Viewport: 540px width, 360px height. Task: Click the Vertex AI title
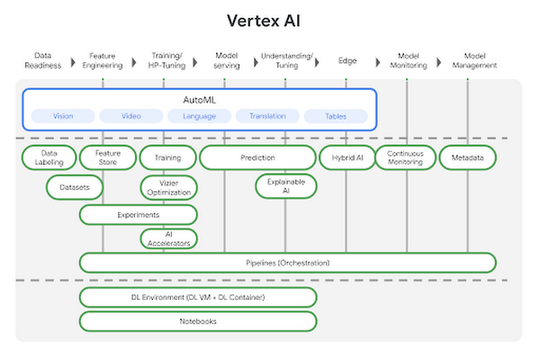click(269, 20)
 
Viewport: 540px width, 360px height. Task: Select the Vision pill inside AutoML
click(63, 116)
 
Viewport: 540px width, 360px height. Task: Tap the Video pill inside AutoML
click(130, 116)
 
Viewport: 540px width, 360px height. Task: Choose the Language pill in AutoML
click(199, 116)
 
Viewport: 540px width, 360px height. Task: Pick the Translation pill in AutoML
click(267, 116)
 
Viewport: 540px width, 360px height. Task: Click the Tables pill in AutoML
click(336, 116)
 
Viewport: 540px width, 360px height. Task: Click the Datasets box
click(75, 187)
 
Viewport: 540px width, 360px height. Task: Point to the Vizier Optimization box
click(168, 187)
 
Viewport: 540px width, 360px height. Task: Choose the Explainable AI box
click(285, 186)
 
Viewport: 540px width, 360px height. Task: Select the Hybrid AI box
click(347, 157)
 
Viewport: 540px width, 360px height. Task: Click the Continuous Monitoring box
click(405, 157)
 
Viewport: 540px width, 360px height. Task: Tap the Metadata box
click(467, 157)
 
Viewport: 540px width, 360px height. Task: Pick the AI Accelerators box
click(168, 238)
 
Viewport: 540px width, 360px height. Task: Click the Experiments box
click(138, 215)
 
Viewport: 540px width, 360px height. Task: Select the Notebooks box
click(198, 320)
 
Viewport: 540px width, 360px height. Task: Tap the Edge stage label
click(346, 60)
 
